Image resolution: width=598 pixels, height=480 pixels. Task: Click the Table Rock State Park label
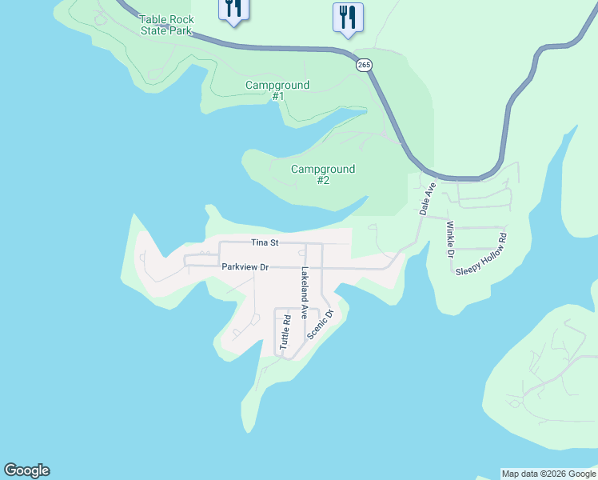pyautogui.click(x=166, y=25)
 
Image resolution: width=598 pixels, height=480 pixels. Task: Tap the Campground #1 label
pyautogui.click(x=277, y=90)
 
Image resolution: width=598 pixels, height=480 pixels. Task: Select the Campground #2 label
pyautogui.click(x=323, y=174)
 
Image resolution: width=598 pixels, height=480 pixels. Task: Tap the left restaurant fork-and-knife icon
pyautogui.click(x=233, y=9)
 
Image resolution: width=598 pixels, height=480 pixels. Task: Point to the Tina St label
pyautogui.click(x=264, y=242)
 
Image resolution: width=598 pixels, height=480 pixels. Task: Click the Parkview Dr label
pyautogui.click(x=245, y=267)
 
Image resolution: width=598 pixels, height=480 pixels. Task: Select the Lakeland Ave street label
pyautogui.click(x=304, y=294)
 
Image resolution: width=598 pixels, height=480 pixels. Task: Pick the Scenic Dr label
pyautogui.click(x=325, y=324)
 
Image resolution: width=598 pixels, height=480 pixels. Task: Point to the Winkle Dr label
pyautogui.click(x=450, y=239)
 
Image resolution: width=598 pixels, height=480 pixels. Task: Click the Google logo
pyautogui.click(x=26, y=470)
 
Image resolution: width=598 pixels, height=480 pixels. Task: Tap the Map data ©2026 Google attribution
pyautogui.click(x=548, y=474)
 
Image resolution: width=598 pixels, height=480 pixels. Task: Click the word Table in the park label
pyautogui.click(x=153, y=19)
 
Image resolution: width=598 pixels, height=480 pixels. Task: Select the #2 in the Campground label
pyautogui.click(x=323, y=180)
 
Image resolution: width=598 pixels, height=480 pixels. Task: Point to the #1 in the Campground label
pyautogui.click(x=277, y=96)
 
